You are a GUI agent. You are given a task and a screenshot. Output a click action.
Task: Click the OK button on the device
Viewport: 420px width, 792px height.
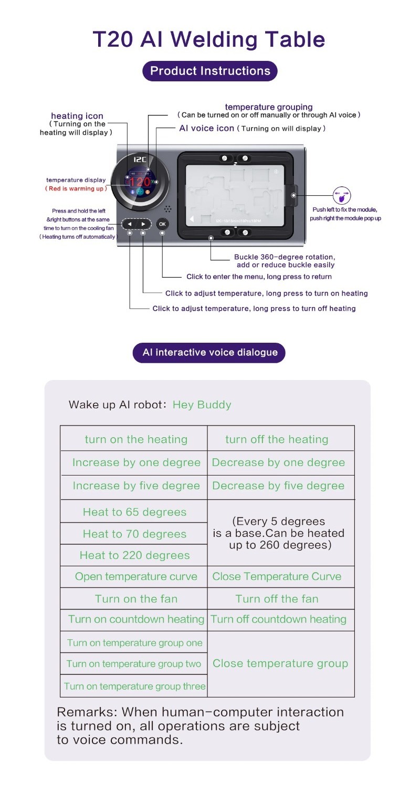(162, 224)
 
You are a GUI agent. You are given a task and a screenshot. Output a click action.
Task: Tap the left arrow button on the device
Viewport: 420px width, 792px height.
(130, 224)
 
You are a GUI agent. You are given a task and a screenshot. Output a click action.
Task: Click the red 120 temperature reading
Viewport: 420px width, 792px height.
(140, 182)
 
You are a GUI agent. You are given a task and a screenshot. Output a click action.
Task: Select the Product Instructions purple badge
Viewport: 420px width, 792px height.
(210, 71)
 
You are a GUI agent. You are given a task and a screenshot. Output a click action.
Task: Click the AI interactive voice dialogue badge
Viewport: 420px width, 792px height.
(210, 352)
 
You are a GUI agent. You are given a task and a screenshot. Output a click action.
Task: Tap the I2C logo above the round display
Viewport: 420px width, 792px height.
(140, 159)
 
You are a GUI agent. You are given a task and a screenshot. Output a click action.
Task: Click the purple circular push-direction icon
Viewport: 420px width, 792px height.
(342, 196)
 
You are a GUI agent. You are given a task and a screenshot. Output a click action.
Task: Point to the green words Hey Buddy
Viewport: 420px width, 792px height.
(202, 405)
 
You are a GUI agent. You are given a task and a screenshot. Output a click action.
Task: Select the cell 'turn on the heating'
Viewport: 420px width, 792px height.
(135, 439)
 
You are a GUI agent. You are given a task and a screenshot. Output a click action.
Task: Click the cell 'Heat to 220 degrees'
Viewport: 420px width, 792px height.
(134, 555)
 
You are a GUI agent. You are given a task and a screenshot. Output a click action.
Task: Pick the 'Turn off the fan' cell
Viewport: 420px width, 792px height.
(277, 599)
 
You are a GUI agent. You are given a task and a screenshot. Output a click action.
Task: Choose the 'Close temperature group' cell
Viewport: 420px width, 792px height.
(280, 663)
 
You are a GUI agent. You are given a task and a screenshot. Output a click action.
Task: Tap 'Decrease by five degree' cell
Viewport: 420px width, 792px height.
(278, 485)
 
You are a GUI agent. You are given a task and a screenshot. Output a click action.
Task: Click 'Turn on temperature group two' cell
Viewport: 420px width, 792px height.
(134, 664)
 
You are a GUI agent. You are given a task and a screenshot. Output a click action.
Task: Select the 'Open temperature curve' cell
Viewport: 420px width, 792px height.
(135, 576)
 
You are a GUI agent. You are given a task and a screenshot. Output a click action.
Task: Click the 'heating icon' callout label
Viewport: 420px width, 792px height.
(77, 116)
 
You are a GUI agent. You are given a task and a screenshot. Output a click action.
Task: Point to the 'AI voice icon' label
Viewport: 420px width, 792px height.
(206, 128)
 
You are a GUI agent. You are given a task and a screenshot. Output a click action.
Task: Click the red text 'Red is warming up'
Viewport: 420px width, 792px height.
(76, 188)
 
